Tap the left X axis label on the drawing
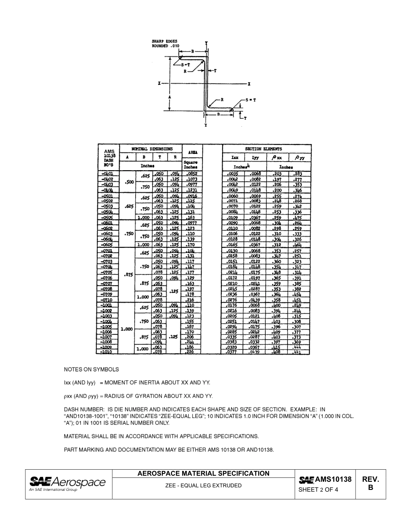click(x=159, y=83)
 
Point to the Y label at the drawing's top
click(x=207, y=43)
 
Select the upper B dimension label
click(x=193, y=51)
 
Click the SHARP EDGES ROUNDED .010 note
click(x=166, y=44)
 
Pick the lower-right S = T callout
click(x=250, y=100)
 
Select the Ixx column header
click(x=235, y=158)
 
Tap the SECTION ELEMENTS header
click(x=263, y=149)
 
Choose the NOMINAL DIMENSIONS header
click(x=152, y=149)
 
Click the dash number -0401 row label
click(x=108, y=174)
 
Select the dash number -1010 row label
click(x=106, y=352)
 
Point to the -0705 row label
click(x=107, y=272)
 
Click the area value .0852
click(x=192, y=174)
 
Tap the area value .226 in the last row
click(x=190, y=352)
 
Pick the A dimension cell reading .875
click(x=128, y=275)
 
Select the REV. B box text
click(x=370, y=483)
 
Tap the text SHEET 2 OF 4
click(x=318, y=489)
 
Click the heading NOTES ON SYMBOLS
click(x=91, y=370)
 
